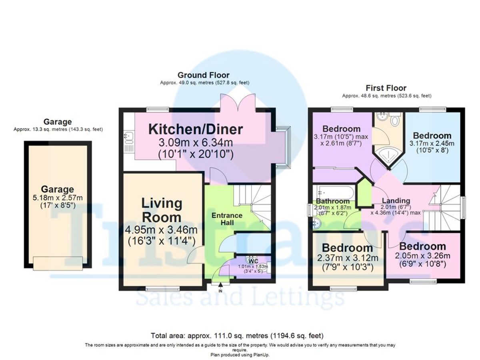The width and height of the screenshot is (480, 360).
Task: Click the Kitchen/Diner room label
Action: tap(196, 129)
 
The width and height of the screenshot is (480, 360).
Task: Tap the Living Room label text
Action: tap(162, 210)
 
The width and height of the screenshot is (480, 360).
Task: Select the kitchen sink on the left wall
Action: tap(129, 137)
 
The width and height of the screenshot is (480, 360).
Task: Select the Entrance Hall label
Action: tap(227, 219)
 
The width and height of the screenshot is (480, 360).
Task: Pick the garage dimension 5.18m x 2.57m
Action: tap(58, 198)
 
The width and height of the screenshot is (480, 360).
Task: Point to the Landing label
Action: tap(395, 201)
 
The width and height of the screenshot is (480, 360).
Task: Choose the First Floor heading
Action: tap(386, 88)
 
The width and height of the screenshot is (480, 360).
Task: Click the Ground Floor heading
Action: tap(204, 75)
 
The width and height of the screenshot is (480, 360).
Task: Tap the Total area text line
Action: tap(237, 335)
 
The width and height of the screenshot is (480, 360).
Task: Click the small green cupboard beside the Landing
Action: tap(364, 194)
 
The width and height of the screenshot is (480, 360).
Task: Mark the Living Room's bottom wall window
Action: tap(157, 288)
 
